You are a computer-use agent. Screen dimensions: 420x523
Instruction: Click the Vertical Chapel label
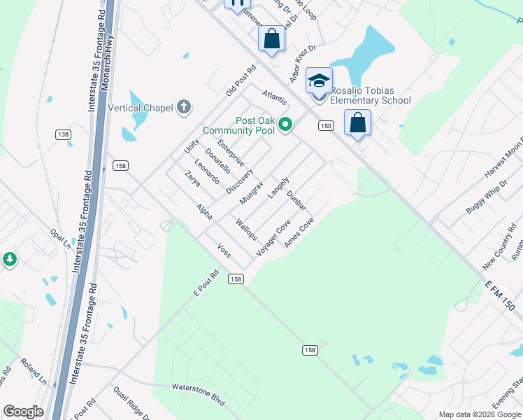point(141,108)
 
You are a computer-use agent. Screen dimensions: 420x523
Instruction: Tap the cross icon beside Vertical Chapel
point(183,107)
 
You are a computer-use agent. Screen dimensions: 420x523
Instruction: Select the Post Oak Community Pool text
point(237,125)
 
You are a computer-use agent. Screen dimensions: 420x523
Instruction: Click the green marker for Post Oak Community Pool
point(285,125)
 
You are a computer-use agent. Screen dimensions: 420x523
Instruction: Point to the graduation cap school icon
point(319,80)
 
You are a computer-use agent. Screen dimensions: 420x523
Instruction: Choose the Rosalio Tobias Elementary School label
point(370,96)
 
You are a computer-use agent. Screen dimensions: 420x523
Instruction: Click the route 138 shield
point(63,134)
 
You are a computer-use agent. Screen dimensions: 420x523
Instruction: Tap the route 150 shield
point(325,125)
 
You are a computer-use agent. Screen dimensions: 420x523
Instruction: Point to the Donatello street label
point(217,160)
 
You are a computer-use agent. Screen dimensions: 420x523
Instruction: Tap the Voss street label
point(224,250)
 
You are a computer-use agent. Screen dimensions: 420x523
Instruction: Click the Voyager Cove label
point(273,237)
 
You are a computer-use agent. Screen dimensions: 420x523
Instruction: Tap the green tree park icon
point(9,260)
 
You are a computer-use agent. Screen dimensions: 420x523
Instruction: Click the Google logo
point(23,412)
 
